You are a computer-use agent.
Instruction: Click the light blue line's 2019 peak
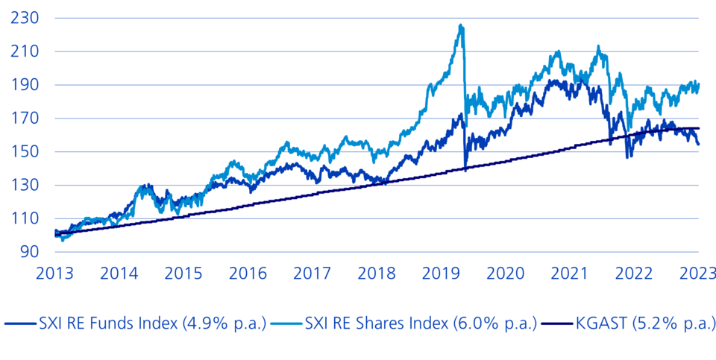pos(461,25)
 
